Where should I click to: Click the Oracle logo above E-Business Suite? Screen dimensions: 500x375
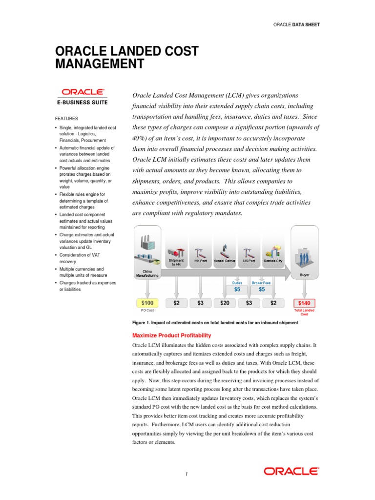click(82, 92)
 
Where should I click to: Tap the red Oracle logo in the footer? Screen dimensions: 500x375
click(292, 471)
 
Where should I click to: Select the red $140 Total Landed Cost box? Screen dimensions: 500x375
click(304, 303)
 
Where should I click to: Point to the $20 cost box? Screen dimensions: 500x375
click(225, 303)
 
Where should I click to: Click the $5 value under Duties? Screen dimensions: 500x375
click(237, 289)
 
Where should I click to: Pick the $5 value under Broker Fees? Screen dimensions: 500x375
click(261, 289)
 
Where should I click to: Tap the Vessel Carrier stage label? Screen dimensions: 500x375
click(225, 261)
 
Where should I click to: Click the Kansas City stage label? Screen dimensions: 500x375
click(273, 261)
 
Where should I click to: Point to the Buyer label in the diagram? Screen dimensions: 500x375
click(304, 275)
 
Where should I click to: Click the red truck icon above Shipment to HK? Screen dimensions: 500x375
click(176, 252)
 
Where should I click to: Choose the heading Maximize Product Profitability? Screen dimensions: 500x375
click(172, 335)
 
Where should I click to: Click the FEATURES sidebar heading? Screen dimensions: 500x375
click(65, 119)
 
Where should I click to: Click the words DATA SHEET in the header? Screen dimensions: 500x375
click(306, 24)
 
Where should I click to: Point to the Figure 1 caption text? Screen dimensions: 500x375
click(215, 323)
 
